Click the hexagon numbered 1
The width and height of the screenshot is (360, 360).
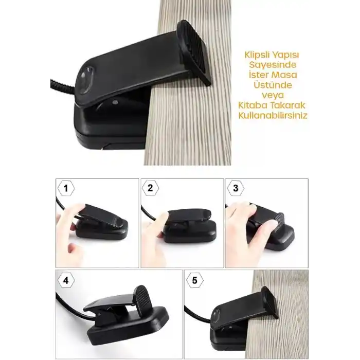[x=66, y=188]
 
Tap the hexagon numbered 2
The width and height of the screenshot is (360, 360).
[x=150, y=188]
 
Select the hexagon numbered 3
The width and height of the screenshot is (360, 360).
[x=236, y=188]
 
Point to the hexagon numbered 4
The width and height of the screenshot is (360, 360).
[x=66, y=280]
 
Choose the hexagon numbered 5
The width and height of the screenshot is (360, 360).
[x=195, y=280]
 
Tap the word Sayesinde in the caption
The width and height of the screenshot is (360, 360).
[x=273, y=65]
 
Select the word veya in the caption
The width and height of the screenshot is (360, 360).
[x=273, y=95]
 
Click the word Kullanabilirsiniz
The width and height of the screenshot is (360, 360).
[x=273, y=115]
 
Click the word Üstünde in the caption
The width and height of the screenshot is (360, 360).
[x=273, y=84]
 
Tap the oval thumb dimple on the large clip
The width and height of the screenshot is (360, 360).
[x=84, y=79]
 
